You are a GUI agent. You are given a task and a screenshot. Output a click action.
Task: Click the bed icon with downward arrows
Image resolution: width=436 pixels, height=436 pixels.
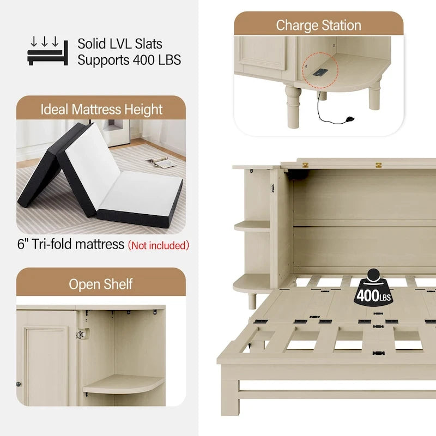[x=47, y=51]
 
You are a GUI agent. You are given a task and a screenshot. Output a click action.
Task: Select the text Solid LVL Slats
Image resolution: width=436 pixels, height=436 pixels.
[x=120, y=44]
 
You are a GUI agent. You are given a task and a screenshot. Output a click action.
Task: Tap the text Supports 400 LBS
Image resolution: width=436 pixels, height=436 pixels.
[x=129, y=60]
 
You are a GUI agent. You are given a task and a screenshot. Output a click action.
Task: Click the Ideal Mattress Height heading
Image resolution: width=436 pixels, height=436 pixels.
[x=101, y=109]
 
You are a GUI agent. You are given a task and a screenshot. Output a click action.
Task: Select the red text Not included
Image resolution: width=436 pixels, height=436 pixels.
[x=159, y=245]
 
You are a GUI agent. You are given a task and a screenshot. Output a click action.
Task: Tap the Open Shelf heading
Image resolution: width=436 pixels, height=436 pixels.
[x=101, y=284]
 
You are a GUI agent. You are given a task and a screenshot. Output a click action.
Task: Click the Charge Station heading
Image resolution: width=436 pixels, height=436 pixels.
[x=319, y=25]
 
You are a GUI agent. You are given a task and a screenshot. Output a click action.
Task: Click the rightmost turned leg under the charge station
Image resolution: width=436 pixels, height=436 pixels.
[x=374, y=97]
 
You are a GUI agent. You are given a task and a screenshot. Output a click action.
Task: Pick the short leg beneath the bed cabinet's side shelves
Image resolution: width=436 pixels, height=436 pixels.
[x=252, y=300]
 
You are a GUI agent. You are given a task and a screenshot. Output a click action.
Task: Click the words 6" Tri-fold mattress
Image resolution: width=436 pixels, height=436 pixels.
[x=71, y=244]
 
